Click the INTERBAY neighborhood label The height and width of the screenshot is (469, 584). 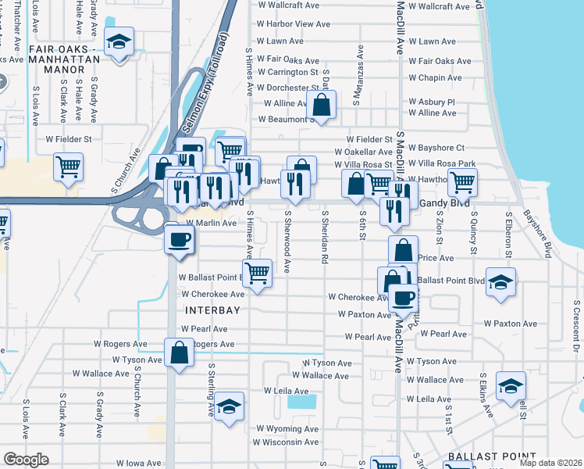[x=208, y=310]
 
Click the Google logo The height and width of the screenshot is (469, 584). [x=26, y=460]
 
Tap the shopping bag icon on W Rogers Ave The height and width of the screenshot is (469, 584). [x=179, y=352]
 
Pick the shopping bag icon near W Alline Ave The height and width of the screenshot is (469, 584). [x=321, y=103]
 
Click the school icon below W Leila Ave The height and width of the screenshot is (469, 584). [x=229, y=406]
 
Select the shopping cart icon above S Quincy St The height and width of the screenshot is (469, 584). [x=462, y=182]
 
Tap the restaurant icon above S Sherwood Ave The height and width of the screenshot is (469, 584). [x=294, y=183]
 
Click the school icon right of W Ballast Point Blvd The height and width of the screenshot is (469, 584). [x=500, y=281]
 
